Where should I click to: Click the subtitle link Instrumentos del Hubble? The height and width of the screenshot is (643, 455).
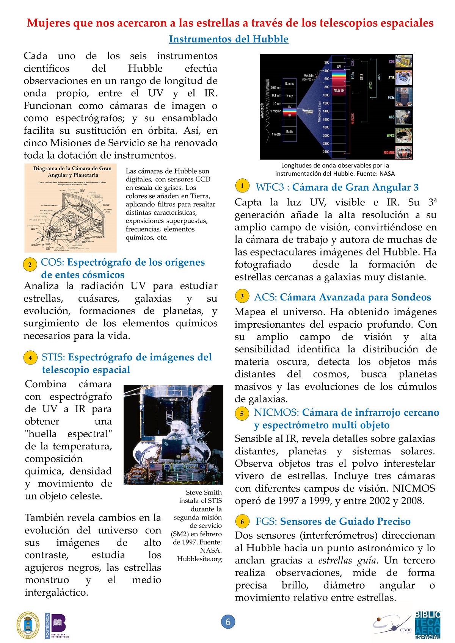click(x=229, y=39)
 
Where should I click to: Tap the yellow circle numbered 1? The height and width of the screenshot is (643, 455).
click(x=242, y=186)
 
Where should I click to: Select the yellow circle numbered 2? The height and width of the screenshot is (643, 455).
click(x=30, y=264)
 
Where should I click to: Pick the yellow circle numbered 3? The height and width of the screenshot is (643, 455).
click(x=242, y=296)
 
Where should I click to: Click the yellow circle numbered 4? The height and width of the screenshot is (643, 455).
click(x=30, y=358)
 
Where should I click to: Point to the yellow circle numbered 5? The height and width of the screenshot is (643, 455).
click(x=242, y=413)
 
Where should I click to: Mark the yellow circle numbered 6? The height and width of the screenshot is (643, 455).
click(x=242, y=522)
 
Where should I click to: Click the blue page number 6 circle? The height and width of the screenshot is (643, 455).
click(x=228, y=622)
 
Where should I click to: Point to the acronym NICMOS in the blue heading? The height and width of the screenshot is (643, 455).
click(x=276, y=413)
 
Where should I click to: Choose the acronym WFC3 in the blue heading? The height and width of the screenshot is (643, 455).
click(x=270, y=187)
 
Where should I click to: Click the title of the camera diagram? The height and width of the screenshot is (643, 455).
click(x=72, y=172)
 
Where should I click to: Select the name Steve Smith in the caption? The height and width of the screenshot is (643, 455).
click(x=204, y=492)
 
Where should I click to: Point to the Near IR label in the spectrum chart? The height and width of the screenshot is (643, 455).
click(x=339, y=91)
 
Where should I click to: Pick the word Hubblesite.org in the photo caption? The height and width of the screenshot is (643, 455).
click(x=199, y=559)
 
